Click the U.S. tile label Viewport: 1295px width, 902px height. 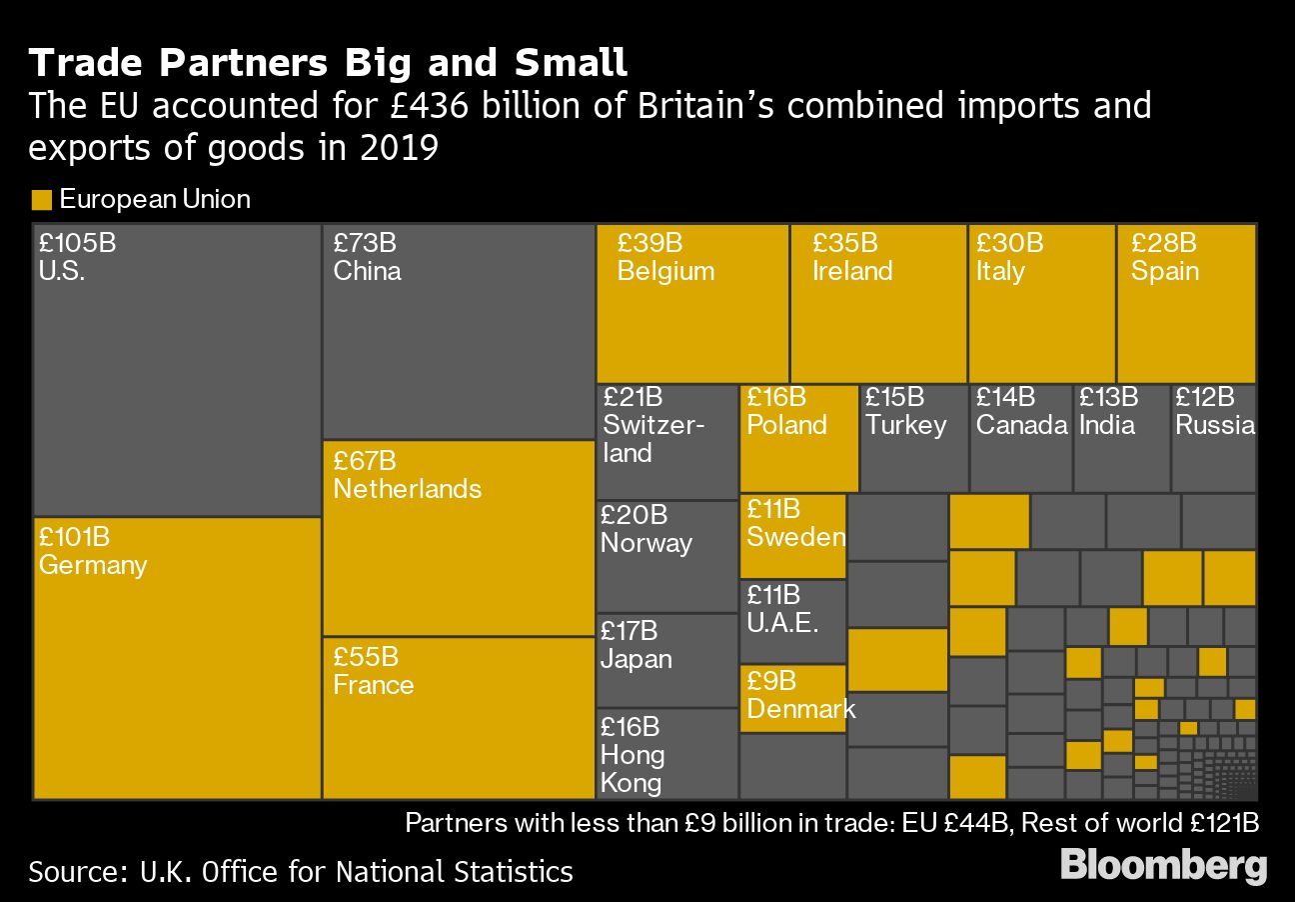tap(62, 271)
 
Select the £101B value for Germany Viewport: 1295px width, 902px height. tap(75, 537)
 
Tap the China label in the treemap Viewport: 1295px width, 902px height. tap(368, 271)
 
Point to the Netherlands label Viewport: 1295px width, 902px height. tap(408, 489)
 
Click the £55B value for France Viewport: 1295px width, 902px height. tap(366, 657)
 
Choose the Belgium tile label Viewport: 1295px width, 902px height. tap(665, 271)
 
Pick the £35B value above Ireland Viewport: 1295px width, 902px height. tap(845, 243)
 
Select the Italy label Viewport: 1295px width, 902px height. tap(1000, 271)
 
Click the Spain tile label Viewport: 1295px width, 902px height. tap(1165, 271)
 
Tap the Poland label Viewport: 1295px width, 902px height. tap(787, 425)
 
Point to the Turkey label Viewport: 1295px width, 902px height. tap(906, 425)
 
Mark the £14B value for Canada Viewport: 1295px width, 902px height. tap(1005, 397)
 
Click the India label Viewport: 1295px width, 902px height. tap(1107, 425)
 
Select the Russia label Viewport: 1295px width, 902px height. tap(1215, 425)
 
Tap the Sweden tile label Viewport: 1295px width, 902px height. tap(796, 537)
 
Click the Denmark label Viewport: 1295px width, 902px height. tap(801, 709)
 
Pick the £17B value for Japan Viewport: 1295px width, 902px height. tap(630, 631)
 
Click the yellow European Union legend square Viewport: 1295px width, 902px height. tap(41, 200)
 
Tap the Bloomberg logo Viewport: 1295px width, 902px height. tap(1163, 866)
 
